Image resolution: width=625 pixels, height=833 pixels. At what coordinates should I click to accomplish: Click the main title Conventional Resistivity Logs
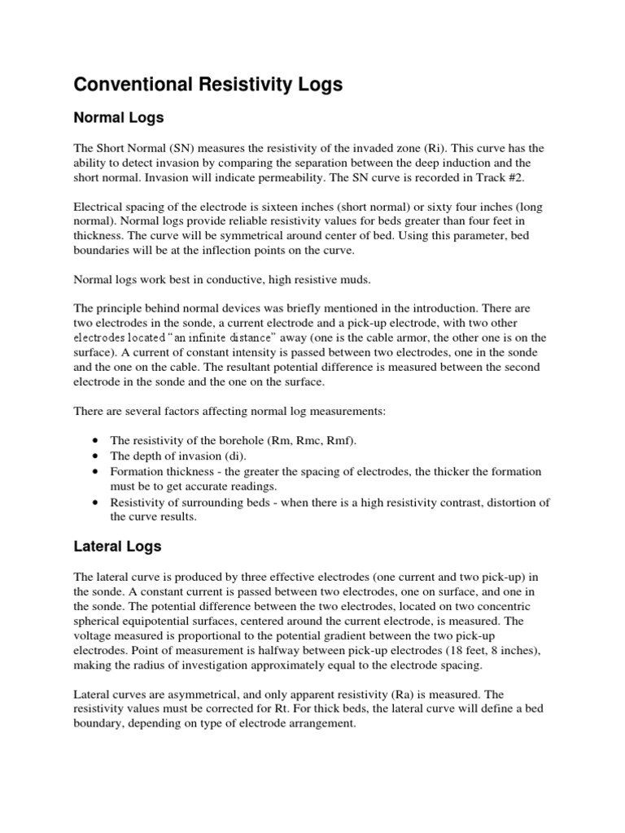tap(208, 84)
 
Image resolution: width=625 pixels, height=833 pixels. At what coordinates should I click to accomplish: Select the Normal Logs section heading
tap(119, 118)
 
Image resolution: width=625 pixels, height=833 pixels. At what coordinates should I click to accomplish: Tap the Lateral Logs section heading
tap(118, 547)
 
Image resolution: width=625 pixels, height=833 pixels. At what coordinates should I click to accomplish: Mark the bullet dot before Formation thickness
tap(98, 472)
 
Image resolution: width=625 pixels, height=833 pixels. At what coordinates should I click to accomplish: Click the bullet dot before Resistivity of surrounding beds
tap(98, 503)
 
